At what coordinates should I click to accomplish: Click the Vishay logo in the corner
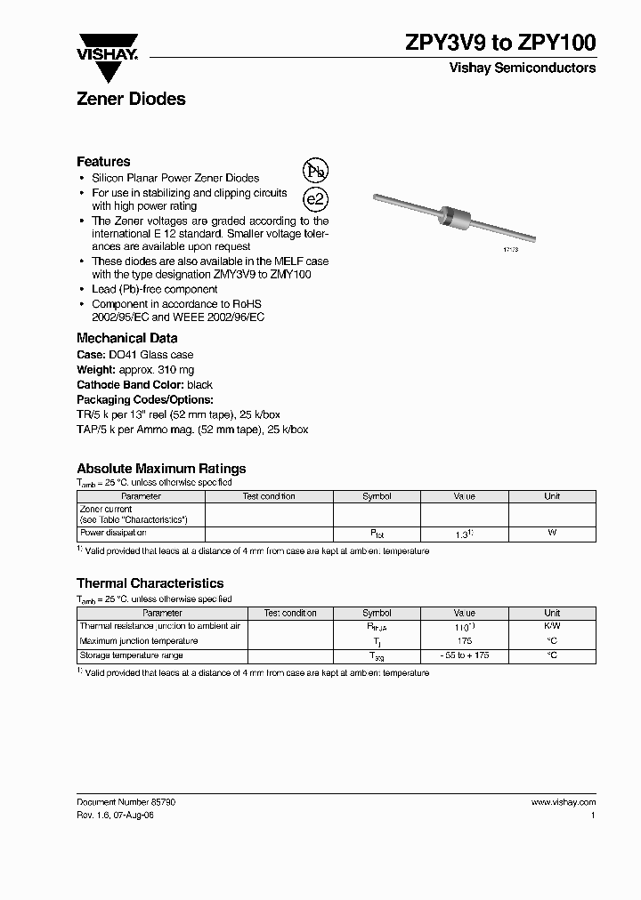click(106, 46)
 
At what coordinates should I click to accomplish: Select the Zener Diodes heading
click(131, 100)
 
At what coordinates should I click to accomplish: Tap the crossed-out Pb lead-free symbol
click(315, 171)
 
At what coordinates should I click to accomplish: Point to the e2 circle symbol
click(315, 200)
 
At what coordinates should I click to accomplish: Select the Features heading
click(103, 162)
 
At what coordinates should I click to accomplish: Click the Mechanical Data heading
click(126, 338)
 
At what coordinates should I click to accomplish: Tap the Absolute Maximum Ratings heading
click(161, 469)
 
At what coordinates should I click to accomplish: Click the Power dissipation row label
click(113, 533)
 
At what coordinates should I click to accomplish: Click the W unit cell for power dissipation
click(552, 533)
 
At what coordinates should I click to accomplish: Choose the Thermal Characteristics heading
click(150, 583)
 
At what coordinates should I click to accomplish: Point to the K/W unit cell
click(552, 626)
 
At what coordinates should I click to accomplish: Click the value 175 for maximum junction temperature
click(464, 640)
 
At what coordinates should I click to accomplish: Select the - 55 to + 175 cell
click(464, 655)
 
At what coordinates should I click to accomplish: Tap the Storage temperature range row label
click(131, 655)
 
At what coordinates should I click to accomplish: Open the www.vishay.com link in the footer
click(564, 802)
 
